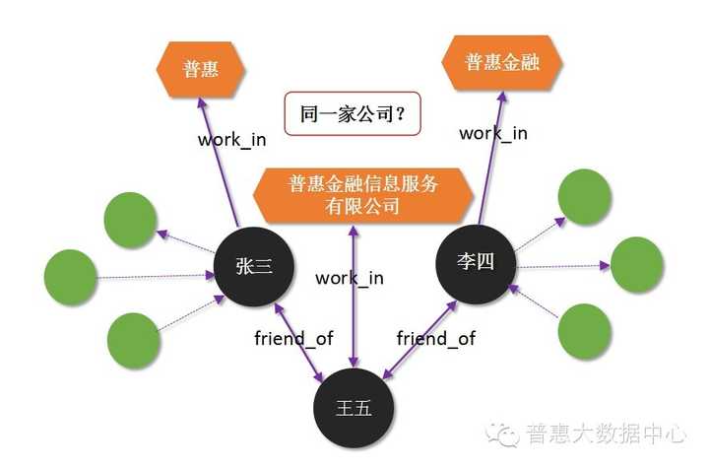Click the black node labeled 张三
[253, 266]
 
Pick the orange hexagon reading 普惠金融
[501, 62]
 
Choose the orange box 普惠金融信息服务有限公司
[363, 194]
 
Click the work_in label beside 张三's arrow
[231, 139]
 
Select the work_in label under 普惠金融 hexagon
[493, 133]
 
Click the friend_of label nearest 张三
[293, 338]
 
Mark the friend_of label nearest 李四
[435, 338]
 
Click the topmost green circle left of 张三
[131, 219]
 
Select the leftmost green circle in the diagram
[71, 277]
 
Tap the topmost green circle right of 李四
[584, 198]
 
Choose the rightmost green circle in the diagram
[639, 264]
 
